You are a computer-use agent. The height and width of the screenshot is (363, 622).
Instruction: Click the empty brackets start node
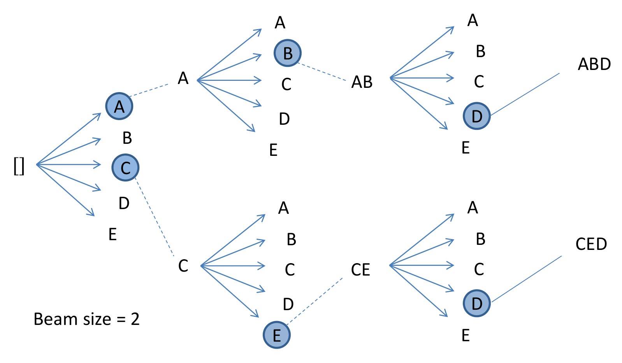point(19,166)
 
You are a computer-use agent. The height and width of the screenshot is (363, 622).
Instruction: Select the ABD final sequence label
point(594,64)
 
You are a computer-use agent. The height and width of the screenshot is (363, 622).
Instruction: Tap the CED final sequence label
point(591,244)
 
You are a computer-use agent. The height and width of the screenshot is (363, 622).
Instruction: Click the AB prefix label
point(362,82)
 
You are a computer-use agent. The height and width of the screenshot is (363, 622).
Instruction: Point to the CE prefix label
point(360,270)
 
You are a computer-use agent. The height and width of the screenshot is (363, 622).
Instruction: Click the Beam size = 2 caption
point(86,319)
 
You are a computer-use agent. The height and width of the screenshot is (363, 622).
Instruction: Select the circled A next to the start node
point(119,106)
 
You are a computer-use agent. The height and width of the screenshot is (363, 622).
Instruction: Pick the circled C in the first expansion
point(125,168)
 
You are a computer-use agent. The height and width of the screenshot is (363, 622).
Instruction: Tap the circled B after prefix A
point(288,53)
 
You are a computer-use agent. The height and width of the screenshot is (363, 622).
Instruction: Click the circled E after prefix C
point(277,335)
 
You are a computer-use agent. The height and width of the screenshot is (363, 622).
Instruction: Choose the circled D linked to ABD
point(476,116)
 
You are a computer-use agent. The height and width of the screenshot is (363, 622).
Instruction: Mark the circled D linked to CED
point(476,304)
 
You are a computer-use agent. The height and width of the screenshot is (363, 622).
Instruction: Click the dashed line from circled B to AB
point(322,72)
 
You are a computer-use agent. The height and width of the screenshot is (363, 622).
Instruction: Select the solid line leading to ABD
point(525,94)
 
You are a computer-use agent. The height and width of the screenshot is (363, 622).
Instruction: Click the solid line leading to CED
point(526,279)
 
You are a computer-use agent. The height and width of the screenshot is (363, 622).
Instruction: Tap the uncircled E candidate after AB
point(466,148)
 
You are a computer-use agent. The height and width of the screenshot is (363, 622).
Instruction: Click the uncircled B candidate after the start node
point(127,138)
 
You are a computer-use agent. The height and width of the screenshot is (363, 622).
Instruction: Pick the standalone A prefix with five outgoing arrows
point(183,79)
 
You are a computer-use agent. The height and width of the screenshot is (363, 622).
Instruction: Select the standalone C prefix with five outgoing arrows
point(183,266)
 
